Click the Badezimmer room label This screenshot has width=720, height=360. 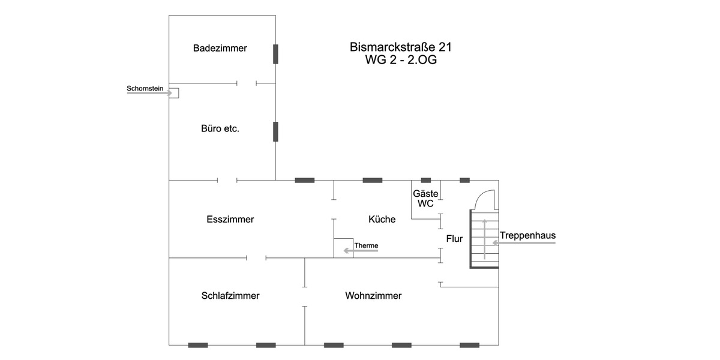220,48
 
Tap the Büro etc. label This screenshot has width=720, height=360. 220,128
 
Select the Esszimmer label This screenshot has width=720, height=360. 230,220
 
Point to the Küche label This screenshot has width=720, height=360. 382,220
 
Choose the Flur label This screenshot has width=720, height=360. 454,239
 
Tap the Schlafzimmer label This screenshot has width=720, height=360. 230,296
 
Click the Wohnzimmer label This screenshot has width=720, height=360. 373,296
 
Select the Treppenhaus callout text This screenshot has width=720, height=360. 527,236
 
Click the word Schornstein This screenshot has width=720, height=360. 145,89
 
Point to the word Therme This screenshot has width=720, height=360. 366,245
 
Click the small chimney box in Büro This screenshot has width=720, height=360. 174,93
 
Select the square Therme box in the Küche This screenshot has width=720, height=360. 343,248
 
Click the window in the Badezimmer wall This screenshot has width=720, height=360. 275,54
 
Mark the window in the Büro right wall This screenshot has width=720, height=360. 275,131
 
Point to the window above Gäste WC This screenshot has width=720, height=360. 426,180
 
